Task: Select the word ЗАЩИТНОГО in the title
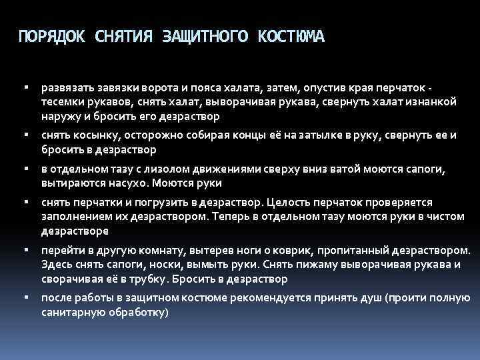click(204, 36)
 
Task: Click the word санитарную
click(71, 311)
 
